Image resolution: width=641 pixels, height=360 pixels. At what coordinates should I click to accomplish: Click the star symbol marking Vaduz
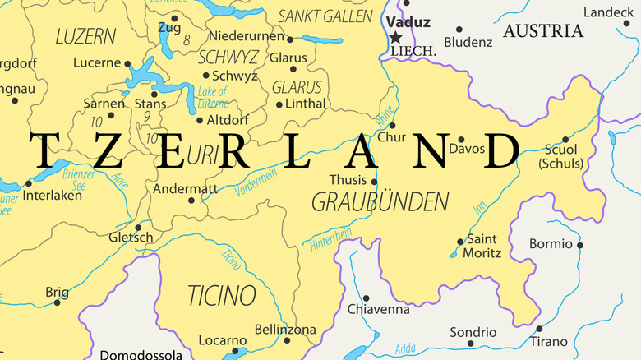click(396, 37)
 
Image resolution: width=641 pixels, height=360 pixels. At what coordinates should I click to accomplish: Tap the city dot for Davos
click(461, 140)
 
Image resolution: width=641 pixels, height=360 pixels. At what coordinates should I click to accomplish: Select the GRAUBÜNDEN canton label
click(380, 201)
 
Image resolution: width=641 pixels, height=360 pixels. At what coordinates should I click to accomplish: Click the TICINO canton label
click(222, 295)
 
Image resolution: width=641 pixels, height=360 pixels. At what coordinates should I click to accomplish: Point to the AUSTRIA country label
click(543, 31)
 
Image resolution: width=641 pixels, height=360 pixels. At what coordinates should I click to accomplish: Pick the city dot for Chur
click(402, 127)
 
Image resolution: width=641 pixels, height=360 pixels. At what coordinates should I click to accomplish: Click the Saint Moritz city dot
click(460, 242)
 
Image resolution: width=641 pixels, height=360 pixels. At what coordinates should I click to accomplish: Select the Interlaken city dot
click(28, 183)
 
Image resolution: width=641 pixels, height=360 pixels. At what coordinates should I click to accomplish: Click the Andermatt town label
click(185, 187)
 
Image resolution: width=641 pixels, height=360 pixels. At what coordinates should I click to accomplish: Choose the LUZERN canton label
click(85, 36)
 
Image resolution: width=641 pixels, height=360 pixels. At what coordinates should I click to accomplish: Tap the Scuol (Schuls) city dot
click(565, 140)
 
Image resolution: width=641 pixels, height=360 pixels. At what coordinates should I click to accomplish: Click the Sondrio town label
click(473, 333)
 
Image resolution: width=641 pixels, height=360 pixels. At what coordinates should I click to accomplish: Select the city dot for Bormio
click(580, 245)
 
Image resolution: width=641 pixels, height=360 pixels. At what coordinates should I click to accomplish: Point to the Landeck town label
click(609, 12)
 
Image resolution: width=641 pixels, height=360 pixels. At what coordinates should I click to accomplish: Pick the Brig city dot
click(57, 302)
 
